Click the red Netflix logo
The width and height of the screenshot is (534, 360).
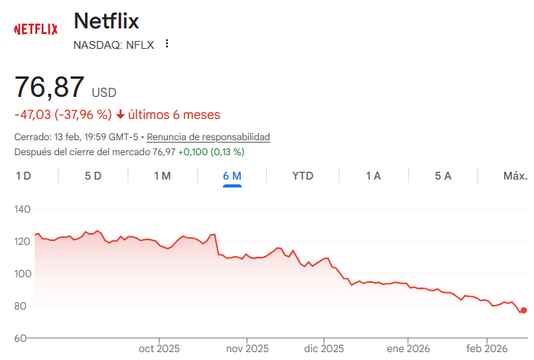[x=35, y=29]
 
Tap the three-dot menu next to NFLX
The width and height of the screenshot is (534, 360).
[x=166, y=44]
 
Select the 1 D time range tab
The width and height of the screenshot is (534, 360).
[x=24, y=176]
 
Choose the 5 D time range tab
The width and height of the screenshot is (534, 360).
[x=93, y=176]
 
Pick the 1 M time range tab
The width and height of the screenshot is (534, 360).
[x=161, y=176]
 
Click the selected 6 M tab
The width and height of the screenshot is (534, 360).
[x=232, y=176]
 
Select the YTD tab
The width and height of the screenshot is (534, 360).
[x=302, y=176]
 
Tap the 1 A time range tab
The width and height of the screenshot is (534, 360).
[x=373, y=176]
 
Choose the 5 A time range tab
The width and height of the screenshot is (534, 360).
[x=443, y=176]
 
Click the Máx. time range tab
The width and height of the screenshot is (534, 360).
[x=514, y=176]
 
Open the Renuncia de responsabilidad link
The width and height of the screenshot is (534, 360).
[x=209, y=137]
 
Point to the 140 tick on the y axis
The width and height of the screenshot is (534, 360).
[x=22, y=210]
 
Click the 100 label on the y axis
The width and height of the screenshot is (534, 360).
[x=22, y=273]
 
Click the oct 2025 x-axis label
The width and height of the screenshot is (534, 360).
[x=159, y=349]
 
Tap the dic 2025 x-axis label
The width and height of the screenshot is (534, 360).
[x=324, y=349]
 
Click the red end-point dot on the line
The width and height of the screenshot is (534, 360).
[x=524, y=310]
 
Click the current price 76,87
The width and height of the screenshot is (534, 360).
[x=50, y=87]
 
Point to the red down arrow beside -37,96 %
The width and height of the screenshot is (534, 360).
[x=121, y=115]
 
